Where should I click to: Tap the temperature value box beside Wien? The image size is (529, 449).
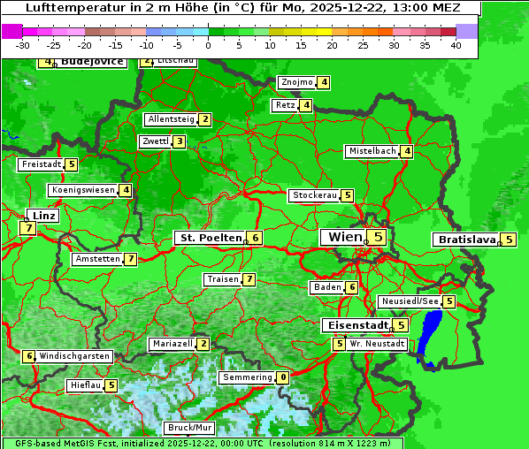pos(378,237)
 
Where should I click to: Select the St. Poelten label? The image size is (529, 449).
pos(210,238)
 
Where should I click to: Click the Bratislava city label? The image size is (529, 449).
pos(465,240)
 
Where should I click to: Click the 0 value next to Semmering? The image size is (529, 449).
pos(282,377)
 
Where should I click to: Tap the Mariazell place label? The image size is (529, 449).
pos(172,343)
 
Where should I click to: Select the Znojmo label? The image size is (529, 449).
pos(296,82)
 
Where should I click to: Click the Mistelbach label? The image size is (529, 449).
pos(372,151)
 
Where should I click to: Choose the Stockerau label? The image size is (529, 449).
pos(314,195)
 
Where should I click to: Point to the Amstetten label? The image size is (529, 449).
pos(97,259)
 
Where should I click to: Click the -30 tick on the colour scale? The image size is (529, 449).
pos(23,44)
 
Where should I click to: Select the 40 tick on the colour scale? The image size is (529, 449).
pos(456,44)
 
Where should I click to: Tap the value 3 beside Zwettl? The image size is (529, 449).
pos(179,141)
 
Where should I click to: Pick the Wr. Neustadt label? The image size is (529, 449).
pos(378,343)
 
